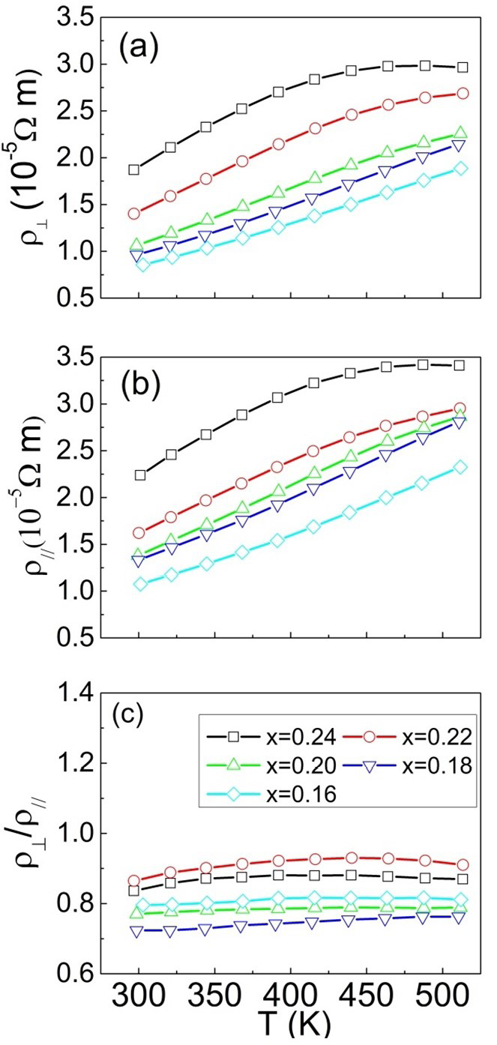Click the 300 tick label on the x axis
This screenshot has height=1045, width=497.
tap(139, 998)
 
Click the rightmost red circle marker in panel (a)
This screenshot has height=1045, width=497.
tap(462, 94)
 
